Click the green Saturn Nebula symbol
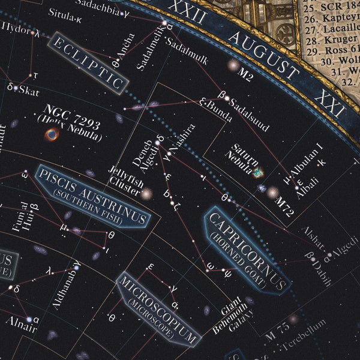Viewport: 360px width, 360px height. pos(259,172)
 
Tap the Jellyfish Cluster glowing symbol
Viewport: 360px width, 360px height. pos(146,193)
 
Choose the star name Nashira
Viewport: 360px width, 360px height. pos(182,140)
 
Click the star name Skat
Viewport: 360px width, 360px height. pos(29,91)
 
